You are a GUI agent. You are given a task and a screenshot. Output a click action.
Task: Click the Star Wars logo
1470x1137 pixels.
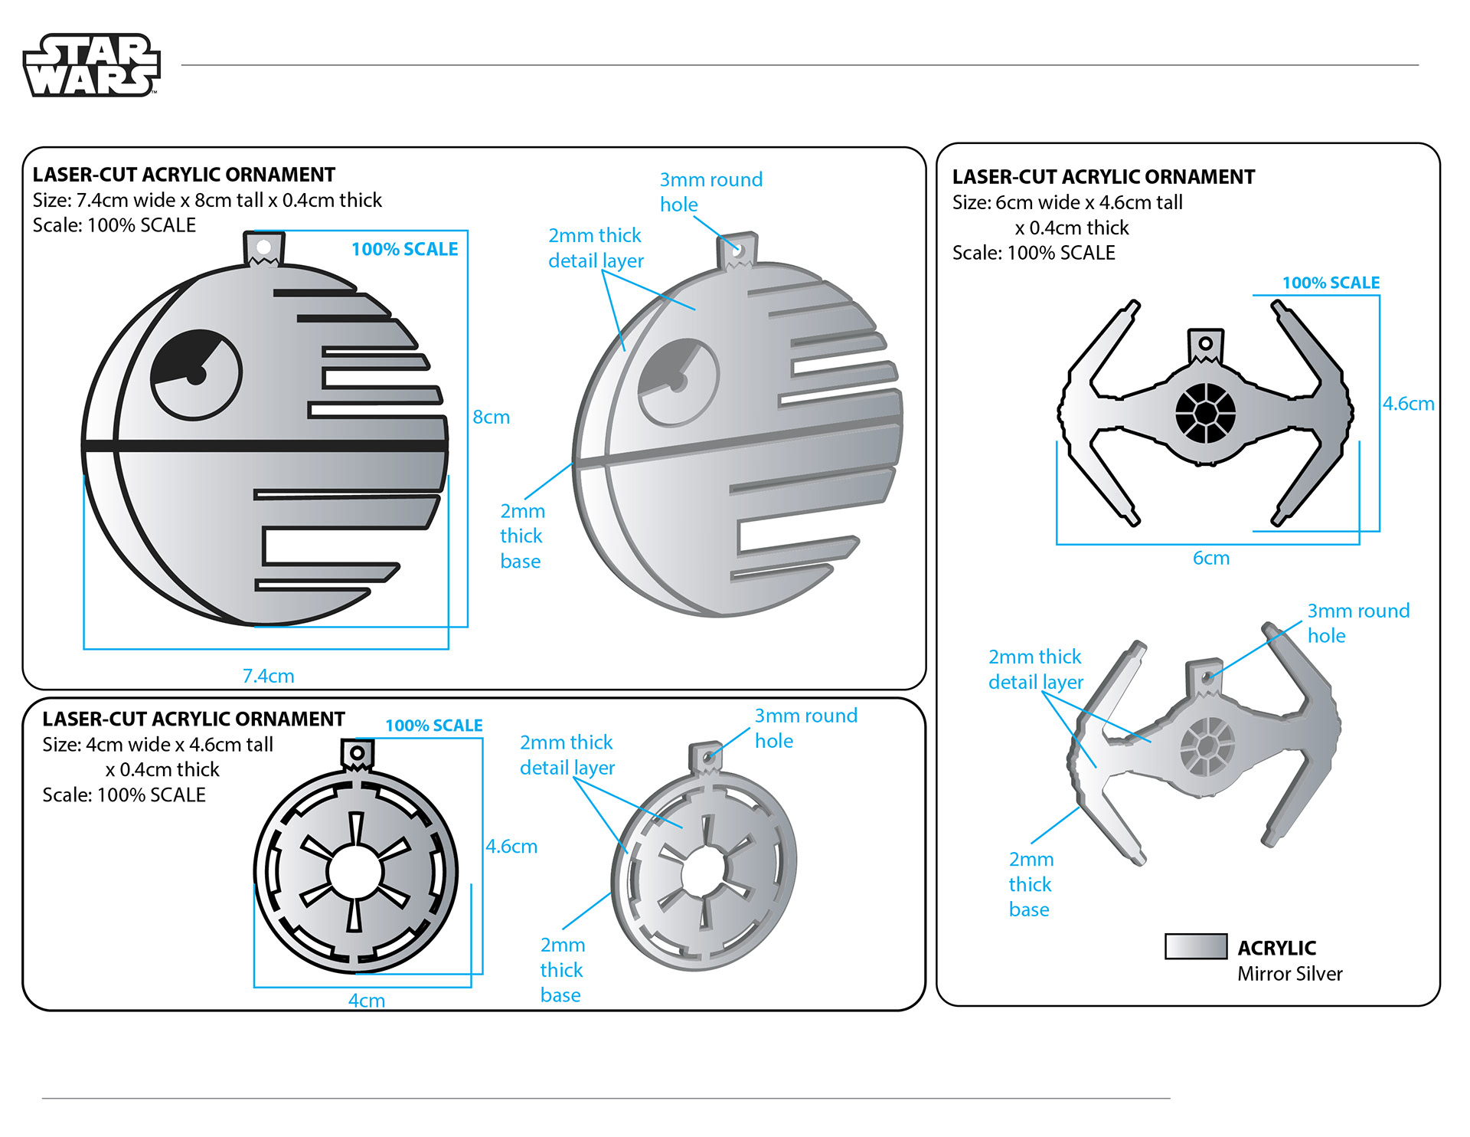[92, 65]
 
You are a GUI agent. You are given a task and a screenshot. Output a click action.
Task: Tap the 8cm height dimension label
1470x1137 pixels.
[491, 418]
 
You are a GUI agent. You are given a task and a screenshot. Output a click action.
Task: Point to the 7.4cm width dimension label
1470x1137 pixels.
[268, 676]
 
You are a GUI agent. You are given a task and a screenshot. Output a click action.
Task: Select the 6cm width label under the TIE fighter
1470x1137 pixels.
[1210, 559]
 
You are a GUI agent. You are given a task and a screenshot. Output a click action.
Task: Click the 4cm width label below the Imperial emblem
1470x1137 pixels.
[366, 1001]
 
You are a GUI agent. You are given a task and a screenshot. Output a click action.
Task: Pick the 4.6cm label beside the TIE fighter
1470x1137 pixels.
[1408, 404]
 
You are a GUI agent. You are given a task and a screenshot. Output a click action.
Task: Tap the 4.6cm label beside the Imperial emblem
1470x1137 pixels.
[511, 847]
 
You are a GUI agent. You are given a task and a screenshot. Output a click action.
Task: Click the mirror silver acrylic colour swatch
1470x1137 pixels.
[1195, 947]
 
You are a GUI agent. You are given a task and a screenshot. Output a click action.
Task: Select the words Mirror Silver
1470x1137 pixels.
[1289, 974]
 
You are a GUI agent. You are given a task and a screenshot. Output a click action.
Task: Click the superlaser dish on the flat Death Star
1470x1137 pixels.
[196, 375]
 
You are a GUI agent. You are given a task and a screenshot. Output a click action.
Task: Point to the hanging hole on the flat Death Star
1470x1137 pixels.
[263, 247]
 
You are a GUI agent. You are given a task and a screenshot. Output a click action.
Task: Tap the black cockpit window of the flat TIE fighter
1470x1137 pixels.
[1205, 413]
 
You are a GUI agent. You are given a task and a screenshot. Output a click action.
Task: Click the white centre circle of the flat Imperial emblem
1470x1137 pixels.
[354, 871]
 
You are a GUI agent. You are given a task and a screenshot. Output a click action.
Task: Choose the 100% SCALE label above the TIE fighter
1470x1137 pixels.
[1331, 283]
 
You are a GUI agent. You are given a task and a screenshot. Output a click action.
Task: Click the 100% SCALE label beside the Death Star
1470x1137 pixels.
[404, 249]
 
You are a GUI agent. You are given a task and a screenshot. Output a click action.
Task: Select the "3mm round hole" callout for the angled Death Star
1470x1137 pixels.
[710, 192]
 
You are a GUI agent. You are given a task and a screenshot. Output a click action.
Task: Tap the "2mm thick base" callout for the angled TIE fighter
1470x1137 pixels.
[1031, 884]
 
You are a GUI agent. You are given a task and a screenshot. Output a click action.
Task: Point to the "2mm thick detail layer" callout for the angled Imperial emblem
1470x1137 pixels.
[567, 755]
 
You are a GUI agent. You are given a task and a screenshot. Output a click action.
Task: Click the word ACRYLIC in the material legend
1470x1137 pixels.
[1276, 949]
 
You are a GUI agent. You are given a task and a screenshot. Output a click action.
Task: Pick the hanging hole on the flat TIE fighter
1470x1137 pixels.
[1205, 343]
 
